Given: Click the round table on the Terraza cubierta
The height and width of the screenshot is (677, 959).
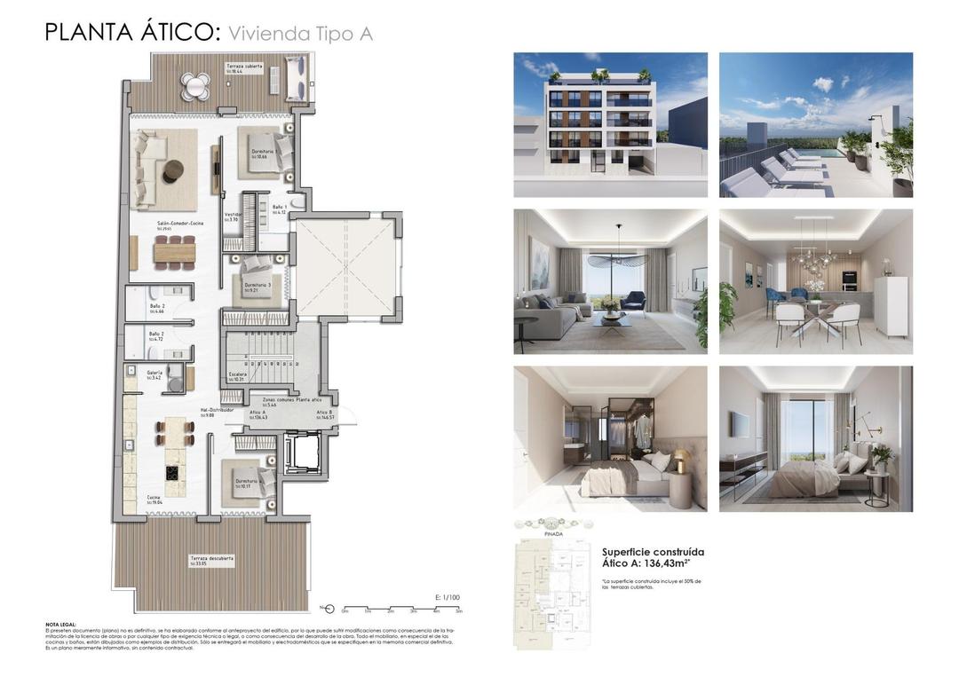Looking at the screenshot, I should [194, 85].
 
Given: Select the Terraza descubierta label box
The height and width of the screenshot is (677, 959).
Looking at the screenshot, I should [211, 560].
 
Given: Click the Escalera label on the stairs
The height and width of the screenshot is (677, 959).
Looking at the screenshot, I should [238, 376].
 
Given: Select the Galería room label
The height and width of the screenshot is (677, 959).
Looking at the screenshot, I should [155, 375].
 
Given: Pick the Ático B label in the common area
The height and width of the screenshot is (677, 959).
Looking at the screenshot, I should [325, 415].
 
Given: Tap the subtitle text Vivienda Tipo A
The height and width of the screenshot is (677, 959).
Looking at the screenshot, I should [300, 34].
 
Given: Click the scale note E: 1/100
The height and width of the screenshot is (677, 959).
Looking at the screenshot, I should [448, 598].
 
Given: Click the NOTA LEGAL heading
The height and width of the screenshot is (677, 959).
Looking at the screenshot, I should [60, 625].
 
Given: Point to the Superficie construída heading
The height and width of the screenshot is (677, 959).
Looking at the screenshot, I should [653, 551].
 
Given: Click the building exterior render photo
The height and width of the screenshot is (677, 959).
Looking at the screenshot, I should [610, 124].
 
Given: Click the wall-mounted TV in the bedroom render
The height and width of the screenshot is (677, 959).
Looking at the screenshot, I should [741, 425].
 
